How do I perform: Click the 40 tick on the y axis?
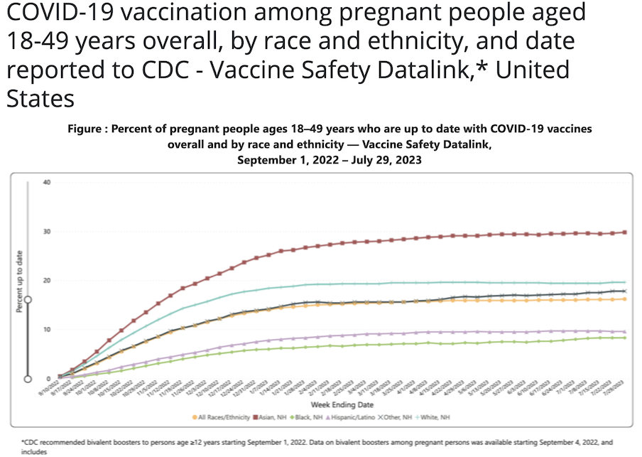48,182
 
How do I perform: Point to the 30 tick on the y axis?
48,231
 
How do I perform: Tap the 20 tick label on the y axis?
48,280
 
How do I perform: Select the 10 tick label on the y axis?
48,329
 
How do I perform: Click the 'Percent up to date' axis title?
18,281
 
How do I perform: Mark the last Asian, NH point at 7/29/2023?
624,232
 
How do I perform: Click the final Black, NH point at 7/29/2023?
624,338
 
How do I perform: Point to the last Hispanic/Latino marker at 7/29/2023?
624,332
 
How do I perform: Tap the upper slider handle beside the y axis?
28,300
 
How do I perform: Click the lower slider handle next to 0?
28,379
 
